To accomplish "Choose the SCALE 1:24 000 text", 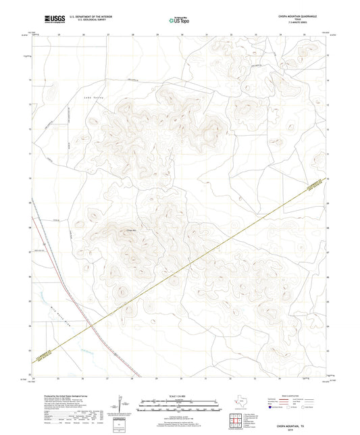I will (x=180, y=396).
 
